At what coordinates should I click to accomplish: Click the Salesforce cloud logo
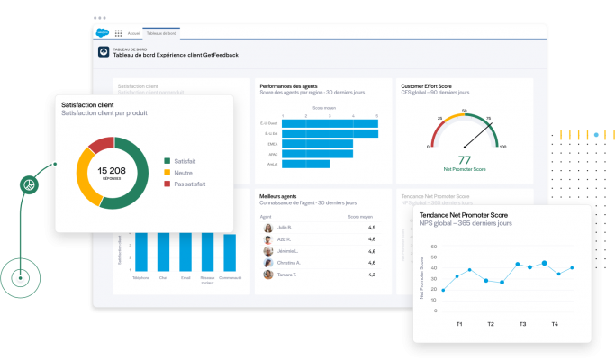pos(102,32)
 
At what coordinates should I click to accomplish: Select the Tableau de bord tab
pos(161,32)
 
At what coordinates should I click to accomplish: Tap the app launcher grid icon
pos(118,32)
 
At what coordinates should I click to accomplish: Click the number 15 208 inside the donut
pos(112,169)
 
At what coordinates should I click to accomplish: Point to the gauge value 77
pos(466,159)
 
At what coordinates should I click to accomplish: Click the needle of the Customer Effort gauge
pos(476,136)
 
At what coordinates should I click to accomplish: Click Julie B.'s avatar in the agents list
pos(268,228)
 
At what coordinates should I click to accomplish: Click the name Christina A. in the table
pos(291,263)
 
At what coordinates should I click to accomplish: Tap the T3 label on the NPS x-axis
pos(522,324)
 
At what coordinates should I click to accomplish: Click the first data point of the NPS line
pos(443,290)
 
